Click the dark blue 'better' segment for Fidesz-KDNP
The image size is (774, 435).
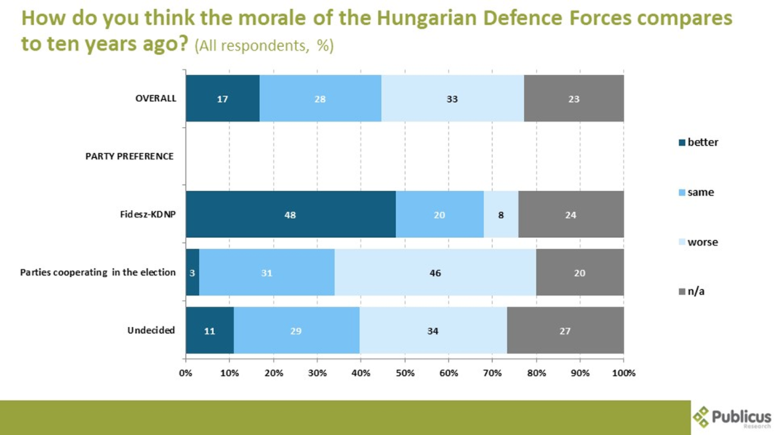coord(290,214)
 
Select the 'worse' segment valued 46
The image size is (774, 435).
coord(435,273)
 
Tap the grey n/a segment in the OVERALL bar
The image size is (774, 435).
coord(574,99)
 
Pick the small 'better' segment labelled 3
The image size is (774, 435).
coord(192,273)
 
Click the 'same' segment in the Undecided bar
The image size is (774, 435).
coord(296,330)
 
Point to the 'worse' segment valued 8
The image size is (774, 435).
coord(500,214)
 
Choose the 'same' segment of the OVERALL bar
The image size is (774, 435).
coord(320,99)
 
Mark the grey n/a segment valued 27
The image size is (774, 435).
coord(565,330)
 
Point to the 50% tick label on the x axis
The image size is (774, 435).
coord(404,373)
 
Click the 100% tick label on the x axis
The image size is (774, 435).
coord(624,373)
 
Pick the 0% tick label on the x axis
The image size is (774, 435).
coord(186,373)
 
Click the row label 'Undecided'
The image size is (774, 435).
coord(151,330)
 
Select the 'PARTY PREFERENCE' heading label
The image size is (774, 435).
coord(129,156)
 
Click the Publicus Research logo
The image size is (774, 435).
coord(731,417)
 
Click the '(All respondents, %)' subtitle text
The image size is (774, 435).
coord(264,46)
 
